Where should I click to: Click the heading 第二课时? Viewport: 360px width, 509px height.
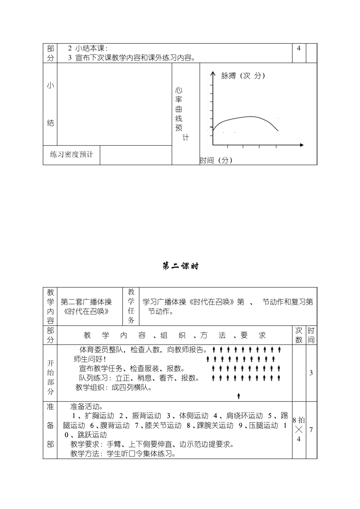click(x=180, y=266)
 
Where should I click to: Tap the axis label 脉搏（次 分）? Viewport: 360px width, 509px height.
click(x=243, y=76)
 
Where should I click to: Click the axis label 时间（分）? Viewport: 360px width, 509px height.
click(x=216, y=161)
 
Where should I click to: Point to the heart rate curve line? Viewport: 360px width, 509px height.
click(x=246, y=117)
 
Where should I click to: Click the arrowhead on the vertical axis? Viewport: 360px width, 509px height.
click(x=213, y=74)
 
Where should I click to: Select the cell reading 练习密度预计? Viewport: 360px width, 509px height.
click(x=72, y=155)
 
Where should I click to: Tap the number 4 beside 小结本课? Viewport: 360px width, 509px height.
click(x=299, y=48)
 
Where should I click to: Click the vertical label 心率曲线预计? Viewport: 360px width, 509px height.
click(x=179, y=114)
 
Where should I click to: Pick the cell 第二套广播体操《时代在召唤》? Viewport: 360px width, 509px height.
click(x=86, y=306)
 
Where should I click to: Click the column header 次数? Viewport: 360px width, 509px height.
click(x=299, y=335)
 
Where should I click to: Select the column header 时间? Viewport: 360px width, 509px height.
click(x=311, y=335)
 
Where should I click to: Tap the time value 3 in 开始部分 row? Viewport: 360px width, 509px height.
click(x=311, y=373)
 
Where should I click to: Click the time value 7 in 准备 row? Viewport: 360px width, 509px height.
click(x=311, y=430)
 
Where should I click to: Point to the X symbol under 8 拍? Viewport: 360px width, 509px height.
click(x=299, y=430)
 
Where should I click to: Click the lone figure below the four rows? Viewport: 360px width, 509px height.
click(x=239, y=396)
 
